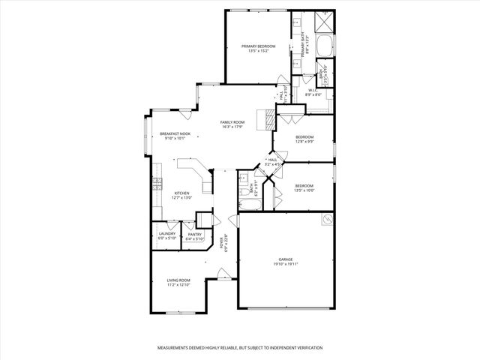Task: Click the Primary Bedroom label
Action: (258, 46)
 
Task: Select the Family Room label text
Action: (232, 122)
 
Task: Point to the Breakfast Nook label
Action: (175, 133)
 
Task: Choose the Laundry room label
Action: (167, 233)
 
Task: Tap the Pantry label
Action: (194, 234)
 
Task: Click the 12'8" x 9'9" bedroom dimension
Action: (304, 142)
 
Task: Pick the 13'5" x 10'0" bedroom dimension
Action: (304, 190)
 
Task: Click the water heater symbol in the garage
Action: (327, 219)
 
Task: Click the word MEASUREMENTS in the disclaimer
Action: (176, 349)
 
